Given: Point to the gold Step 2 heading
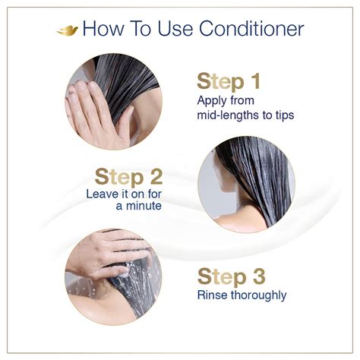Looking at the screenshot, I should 128,177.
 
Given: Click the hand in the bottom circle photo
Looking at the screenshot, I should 103,254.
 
